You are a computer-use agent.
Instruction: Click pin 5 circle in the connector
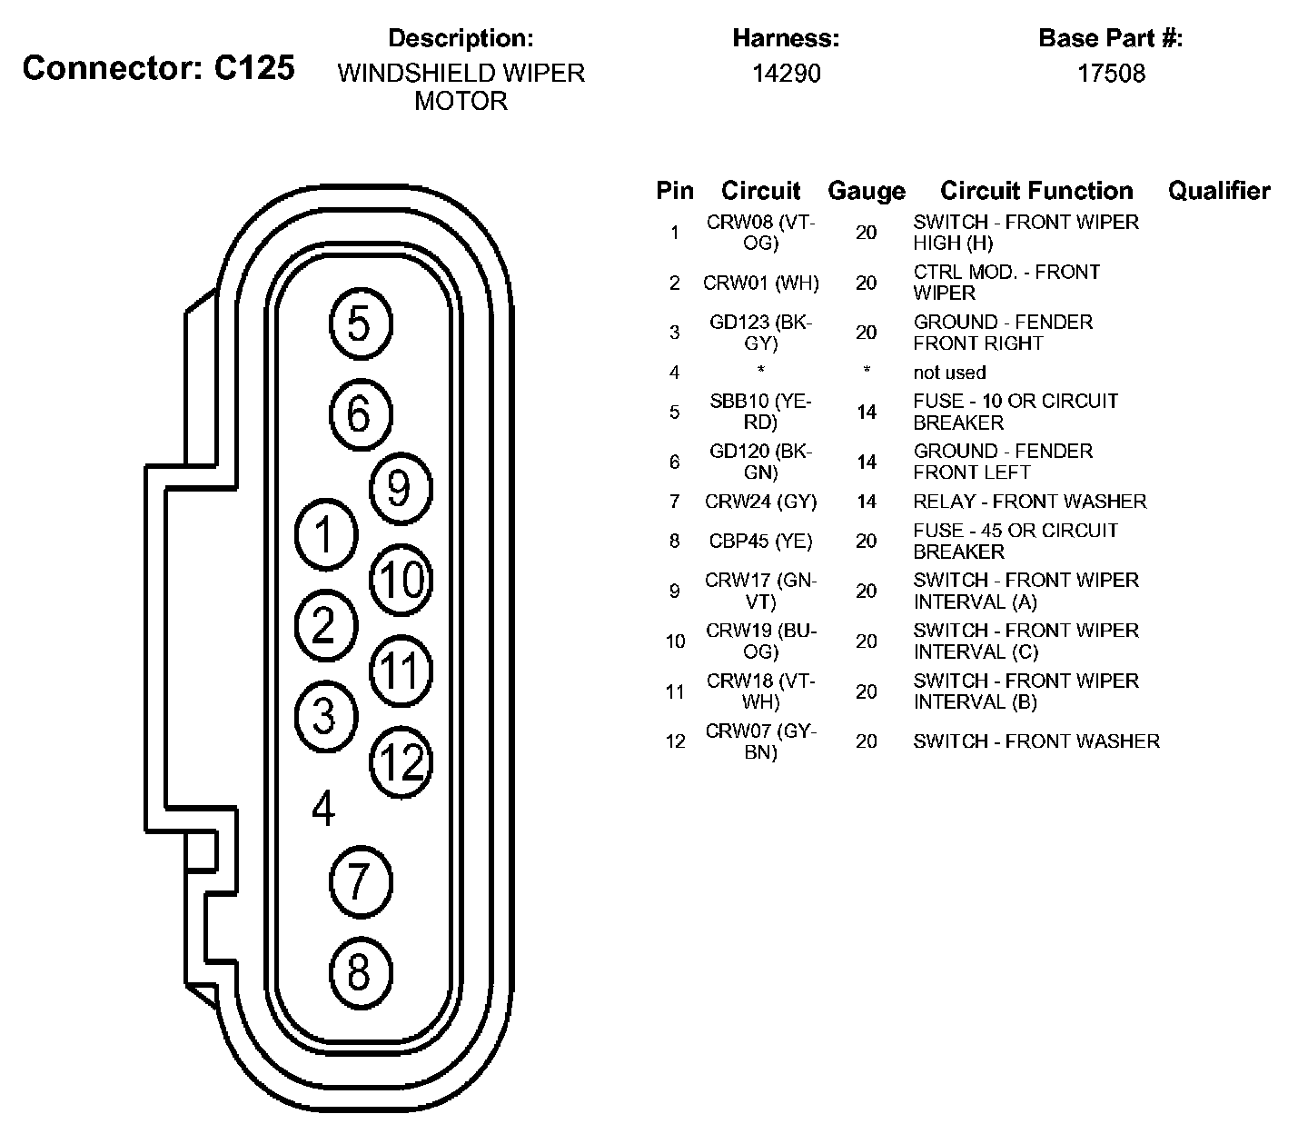point(359,324)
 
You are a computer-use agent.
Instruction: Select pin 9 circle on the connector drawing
point(400,489)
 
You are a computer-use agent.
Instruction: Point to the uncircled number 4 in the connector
point(323,808)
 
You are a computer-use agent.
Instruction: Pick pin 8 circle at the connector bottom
point(359,972)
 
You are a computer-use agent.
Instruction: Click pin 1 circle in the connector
point(325,535)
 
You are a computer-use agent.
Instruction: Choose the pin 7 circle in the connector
point(359,880)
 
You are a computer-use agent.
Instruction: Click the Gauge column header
point(866,191)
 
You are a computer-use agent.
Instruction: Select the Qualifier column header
point(1218,191)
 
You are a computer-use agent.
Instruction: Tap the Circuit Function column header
point(1036,191)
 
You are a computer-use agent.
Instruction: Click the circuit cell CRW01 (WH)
point(760,283)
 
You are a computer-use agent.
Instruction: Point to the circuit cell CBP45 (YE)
point(760,542)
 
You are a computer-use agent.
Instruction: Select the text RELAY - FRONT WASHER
point(1029,502)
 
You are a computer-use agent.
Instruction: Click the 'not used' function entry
point(949,373)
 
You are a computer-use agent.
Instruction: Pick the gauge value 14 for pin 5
point(866,413)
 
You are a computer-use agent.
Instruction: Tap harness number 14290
point(786,74)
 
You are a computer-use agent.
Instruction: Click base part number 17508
point(1111,74)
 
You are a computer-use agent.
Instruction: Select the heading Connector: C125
point(159,68)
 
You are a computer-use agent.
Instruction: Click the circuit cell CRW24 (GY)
point(760,502)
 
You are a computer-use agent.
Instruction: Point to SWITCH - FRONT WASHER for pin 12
point(1035,741)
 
